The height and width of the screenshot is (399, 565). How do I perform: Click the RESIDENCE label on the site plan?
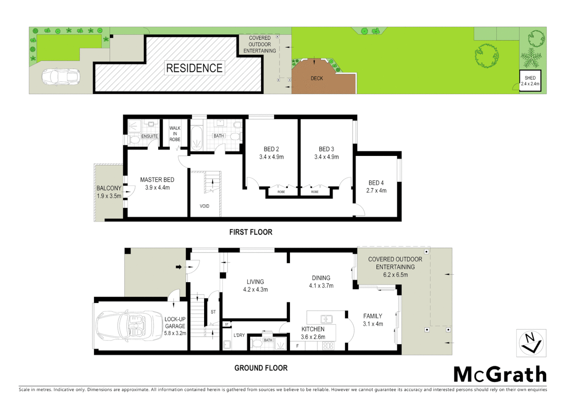(x=194, y=68)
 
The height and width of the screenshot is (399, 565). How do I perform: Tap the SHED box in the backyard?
(x=530, y=81)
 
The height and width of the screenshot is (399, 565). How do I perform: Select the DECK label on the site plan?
(x=317, y=78)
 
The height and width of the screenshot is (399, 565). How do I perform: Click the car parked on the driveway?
(x=61, y=77)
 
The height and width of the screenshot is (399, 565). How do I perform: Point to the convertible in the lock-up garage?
(x=124, y=325)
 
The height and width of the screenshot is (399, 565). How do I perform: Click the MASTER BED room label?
(x=157, y=180)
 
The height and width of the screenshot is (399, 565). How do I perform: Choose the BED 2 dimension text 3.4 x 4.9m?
(x=271, y=157)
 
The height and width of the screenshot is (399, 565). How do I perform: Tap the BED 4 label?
(x=376, y=183)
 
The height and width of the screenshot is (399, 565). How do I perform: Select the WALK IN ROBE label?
(x=175, y=134)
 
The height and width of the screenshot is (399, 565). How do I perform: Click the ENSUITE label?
(x=149, y=136)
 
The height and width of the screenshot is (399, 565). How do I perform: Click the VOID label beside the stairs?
(x=204, y=206)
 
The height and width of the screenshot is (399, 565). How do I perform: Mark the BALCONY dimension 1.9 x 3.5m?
(x=109, y=196)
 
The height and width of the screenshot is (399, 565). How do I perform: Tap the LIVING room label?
(x=255, y=282)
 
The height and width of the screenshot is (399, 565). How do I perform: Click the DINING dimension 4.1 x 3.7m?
(x=321, y=286)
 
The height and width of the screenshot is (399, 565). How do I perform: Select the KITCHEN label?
(x=313, y=329)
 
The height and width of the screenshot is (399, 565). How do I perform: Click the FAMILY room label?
(x=373, y=316)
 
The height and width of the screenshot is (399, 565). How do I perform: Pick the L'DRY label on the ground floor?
(x=239, y=335)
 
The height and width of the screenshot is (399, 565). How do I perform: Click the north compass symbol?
(x=531, y=343)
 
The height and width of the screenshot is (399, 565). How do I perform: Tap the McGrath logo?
(x=500, y=375)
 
